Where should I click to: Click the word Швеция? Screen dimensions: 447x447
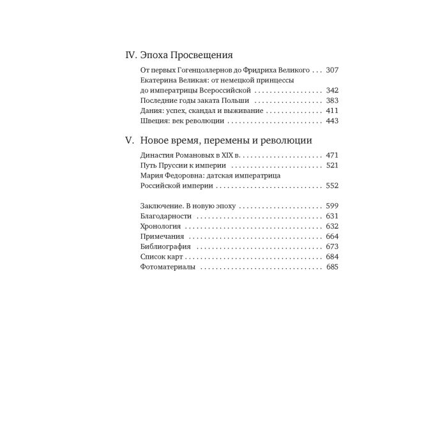(154, 121)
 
